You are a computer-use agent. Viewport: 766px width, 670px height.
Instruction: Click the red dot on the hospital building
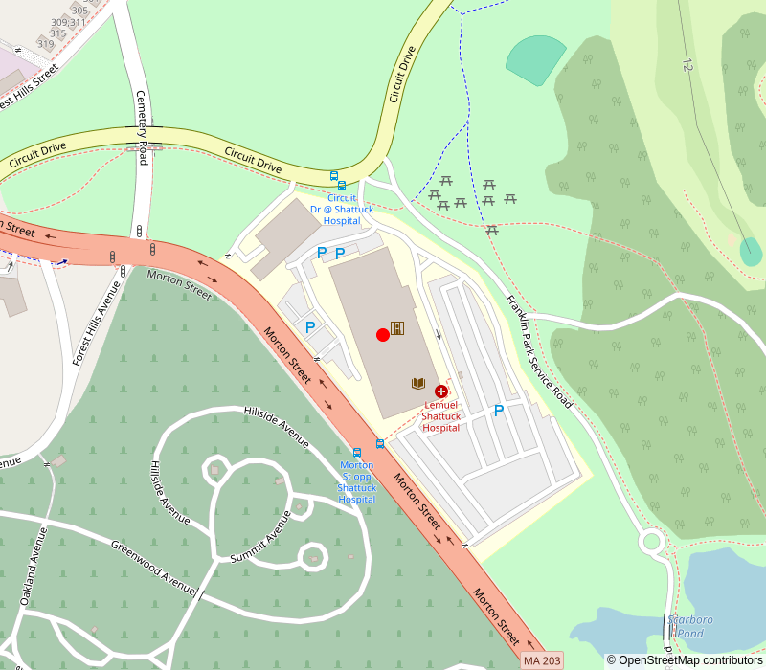click(383, 334)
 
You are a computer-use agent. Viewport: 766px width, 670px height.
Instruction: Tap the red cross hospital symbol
click(441, 391)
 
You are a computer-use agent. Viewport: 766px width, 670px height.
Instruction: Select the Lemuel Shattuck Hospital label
click(441, 416)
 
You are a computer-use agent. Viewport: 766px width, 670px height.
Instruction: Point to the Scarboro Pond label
click(690, 626)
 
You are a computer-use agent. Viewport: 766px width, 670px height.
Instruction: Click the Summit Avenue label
click(260, 536)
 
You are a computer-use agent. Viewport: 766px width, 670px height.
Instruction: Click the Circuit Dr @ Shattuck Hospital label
click(342, 210)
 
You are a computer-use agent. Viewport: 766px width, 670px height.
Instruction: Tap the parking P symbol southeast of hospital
click(498, 411)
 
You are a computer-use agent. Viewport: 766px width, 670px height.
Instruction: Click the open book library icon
click(418, 383)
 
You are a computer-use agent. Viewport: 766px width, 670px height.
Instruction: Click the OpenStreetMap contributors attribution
click(685, 660)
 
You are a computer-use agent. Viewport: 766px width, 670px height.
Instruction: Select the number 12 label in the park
click(687, 64)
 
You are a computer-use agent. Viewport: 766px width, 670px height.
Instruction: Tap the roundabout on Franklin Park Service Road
click(652, 542)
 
